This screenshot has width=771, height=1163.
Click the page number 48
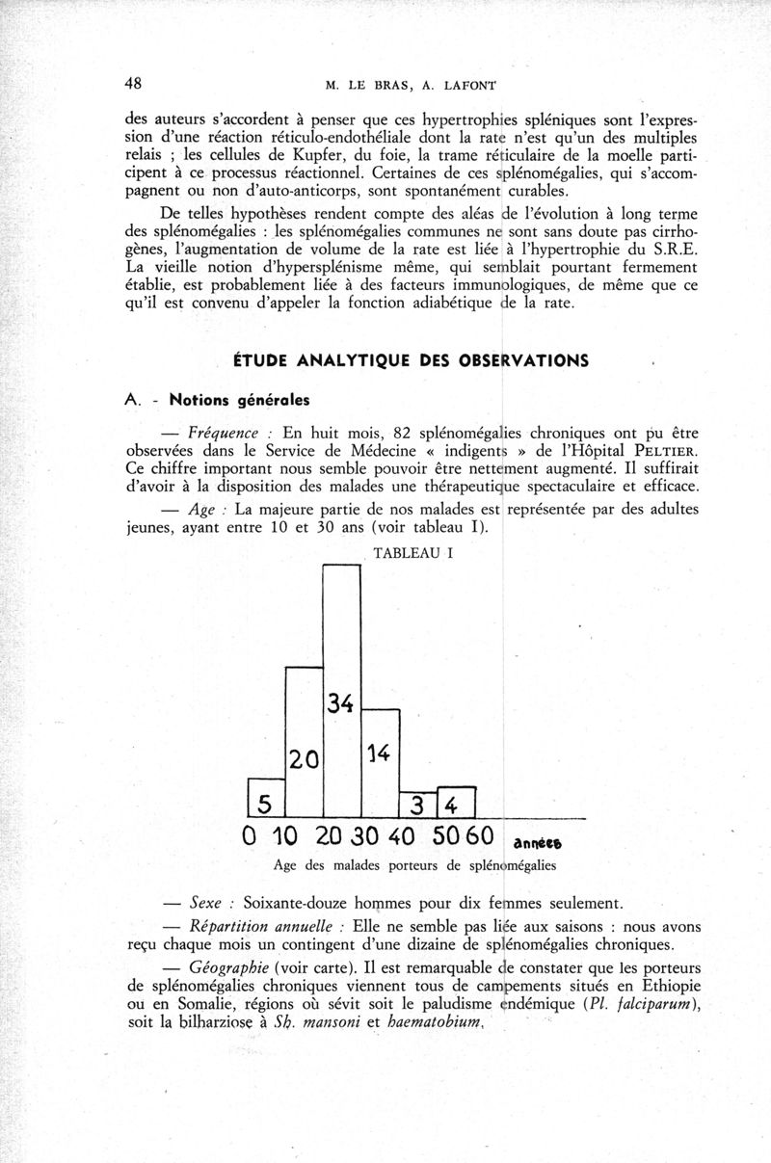click(x=134, y=83)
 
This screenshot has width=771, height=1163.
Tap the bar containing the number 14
click(x=380, y=761)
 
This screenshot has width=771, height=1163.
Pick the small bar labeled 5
click(x=267, y=797)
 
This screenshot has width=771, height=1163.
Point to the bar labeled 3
click(x=418, y=802)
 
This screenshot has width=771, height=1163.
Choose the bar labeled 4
click(x=457, y=801)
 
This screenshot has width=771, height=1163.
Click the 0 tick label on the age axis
click(x=249, y=834)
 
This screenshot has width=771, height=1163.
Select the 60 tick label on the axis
click(x=478, y=834)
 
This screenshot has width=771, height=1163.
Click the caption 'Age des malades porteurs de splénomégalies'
click(x=414, y=865)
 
